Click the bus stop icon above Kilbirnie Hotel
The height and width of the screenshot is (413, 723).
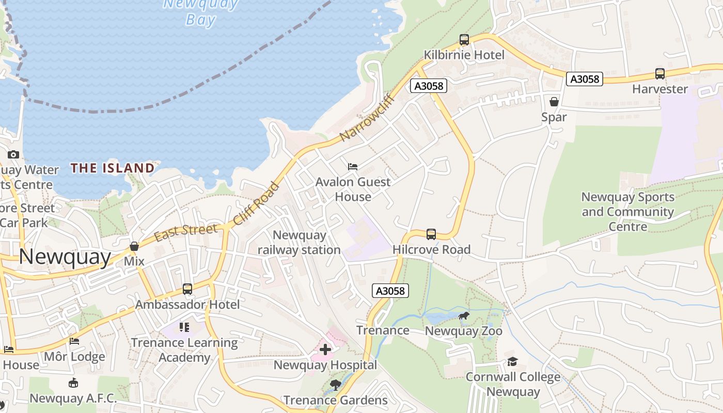tap(464, 40)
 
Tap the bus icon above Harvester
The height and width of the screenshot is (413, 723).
tap(659, 74)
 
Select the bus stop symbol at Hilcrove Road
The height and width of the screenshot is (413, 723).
tap(431, 234)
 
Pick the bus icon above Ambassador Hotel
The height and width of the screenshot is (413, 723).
tap(187, 289)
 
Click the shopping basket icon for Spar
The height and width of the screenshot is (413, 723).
tap(554, 102)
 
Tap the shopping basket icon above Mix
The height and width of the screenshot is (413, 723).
tap(134, 246)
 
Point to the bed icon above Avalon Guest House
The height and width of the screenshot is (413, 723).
tap(353, 167)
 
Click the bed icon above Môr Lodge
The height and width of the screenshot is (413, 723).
tap(74, 341)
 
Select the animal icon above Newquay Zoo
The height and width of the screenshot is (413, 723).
tap(464, 316)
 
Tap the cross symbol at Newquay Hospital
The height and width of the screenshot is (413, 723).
tap(325, 350)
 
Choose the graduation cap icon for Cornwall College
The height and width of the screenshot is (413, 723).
tap(512, 361)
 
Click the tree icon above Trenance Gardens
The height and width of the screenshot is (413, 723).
tap(336, 385)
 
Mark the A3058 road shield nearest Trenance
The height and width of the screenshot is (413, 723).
tap(390, 291)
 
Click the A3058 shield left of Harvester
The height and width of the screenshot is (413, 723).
tap(585, 79)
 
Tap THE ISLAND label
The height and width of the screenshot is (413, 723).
tap(113, 168)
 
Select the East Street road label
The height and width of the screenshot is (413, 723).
tap(186, 231)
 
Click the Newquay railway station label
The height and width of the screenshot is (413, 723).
tap(300, 243)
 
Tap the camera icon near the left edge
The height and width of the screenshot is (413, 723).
tap(13, 154)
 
